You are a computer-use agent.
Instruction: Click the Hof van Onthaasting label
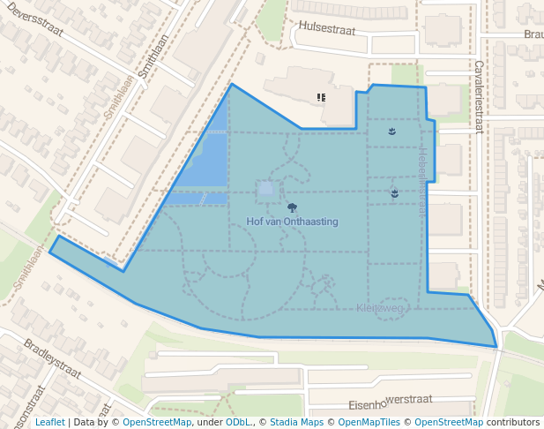coord(292,222)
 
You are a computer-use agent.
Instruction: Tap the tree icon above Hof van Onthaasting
coord(292,208)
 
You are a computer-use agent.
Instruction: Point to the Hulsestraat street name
coord(327,27)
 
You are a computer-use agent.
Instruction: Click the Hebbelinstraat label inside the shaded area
coord(421,181)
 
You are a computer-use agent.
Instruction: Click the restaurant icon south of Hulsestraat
coord(321,97)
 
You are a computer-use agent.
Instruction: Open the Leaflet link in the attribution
coord(49,422)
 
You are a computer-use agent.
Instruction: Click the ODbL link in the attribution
coord(237,422)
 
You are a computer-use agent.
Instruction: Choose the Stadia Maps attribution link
coord(296,422)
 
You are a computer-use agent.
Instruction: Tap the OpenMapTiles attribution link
coord(376,422)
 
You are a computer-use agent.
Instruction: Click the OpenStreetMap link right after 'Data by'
coord(157,422)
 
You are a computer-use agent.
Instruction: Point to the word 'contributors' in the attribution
coord(513,422)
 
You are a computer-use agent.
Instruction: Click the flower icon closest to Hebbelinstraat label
coord(394,192)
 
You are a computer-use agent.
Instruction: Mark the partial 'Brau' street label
coord(533,34)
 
